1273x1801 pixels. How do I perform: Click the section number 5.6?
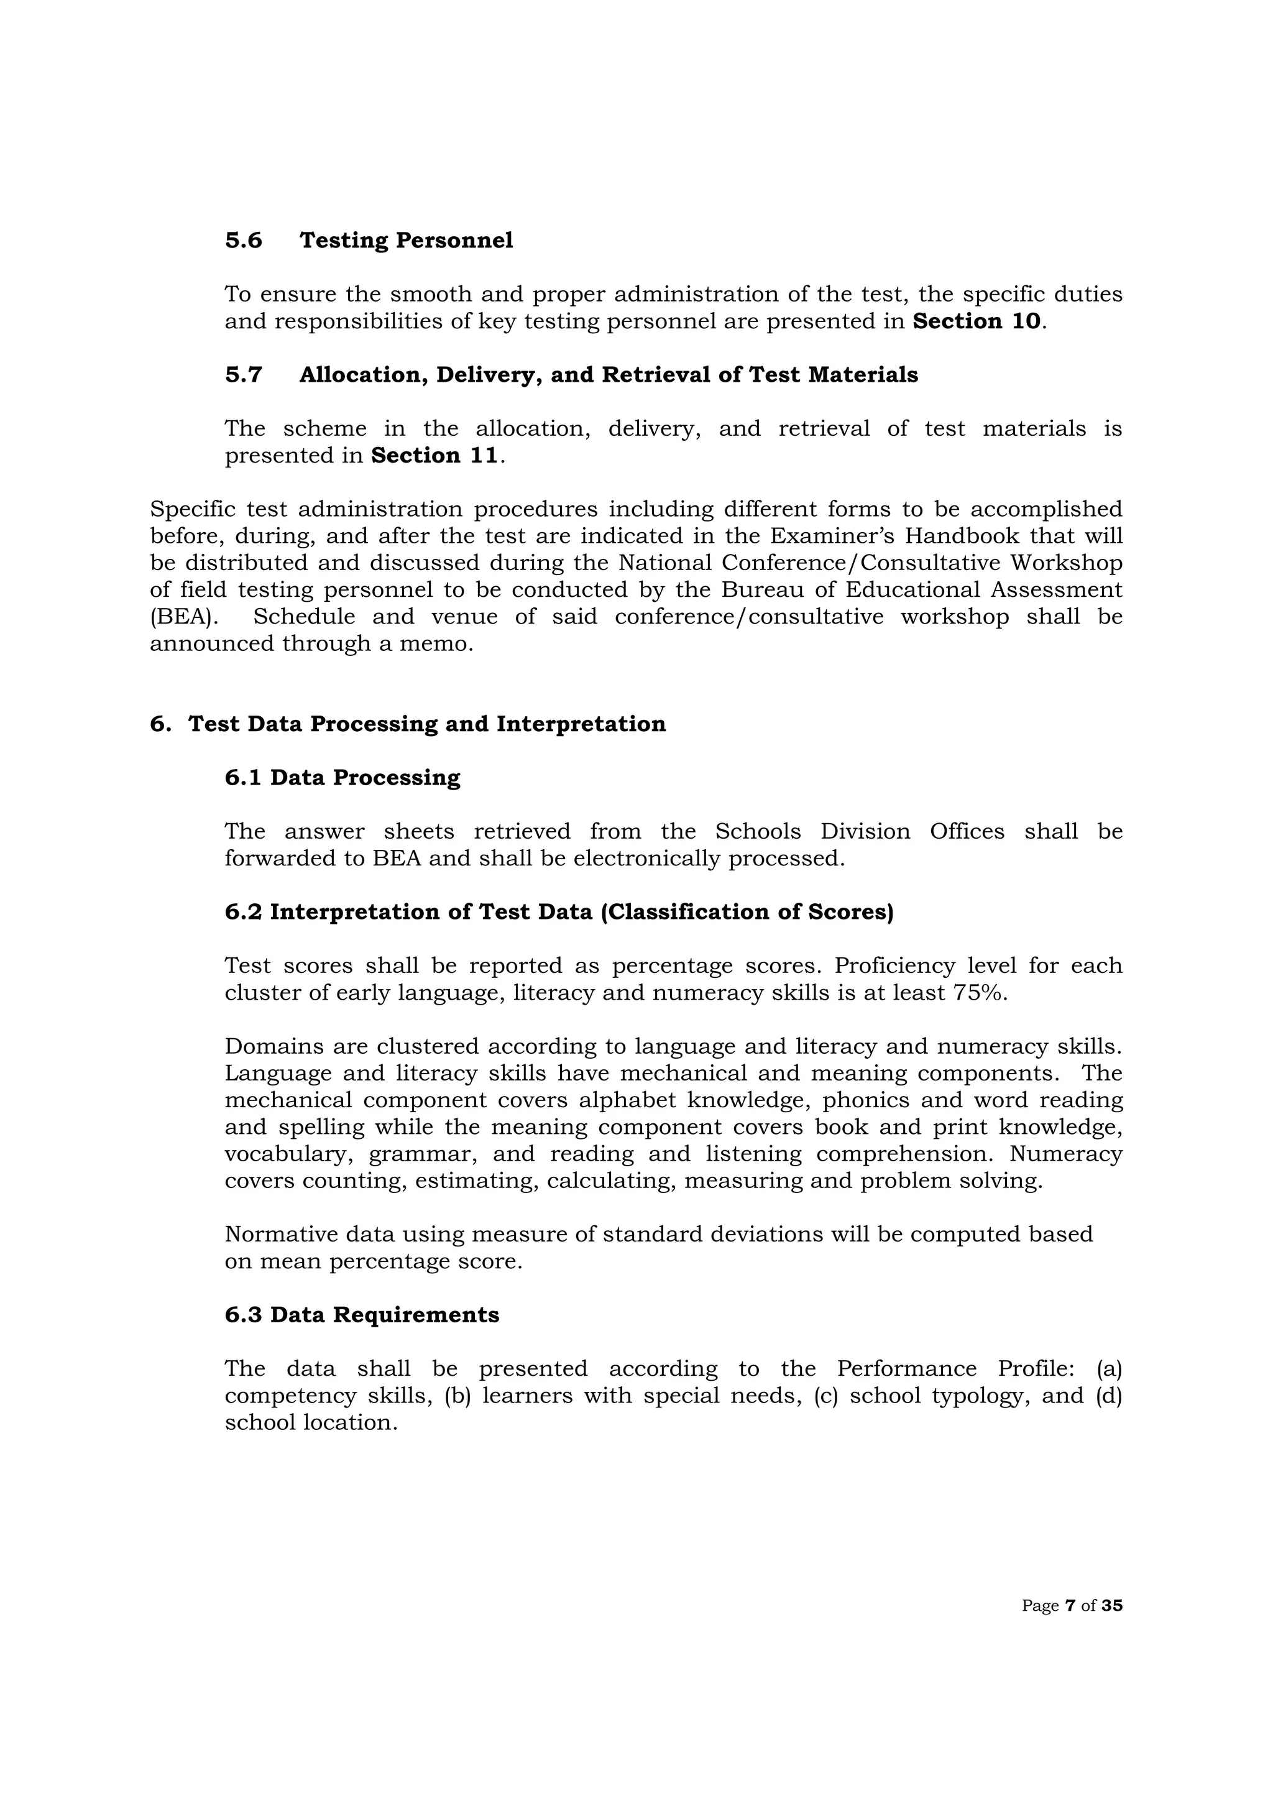click(x=243, y=240)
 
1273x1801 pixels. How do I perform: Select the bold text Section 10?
click(x=977, y=321)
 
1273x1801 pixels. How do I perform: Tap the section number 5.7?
click(x=243, y=375)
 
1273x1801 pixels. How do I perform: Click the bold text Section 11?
click(x=434, y=456)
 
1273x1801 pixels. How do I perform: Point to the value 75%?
click(x=980, y=993)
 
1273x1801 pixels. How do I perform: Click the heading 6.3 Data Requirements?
click(x=362, y=1315)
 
